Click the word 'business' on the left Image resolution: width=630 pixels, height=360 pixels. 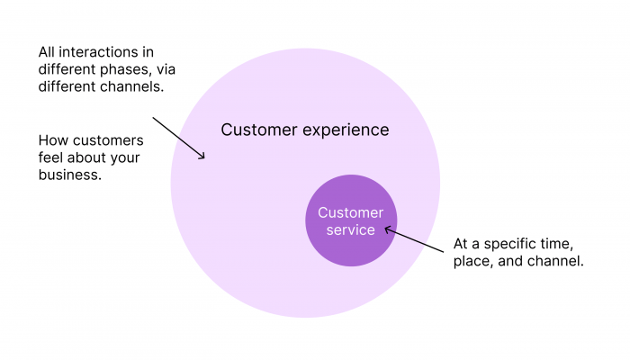(68, 175)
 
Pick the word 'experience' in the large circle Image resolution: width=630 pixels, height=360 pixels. (346, 130)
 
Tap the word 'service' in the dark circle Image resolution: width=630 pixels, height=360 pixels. (350, 230)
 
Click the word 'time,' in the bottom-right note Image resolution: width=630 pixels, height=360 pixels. (554, 245)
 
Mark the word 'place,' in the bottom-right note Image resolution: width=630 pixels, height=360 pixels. (474, 262)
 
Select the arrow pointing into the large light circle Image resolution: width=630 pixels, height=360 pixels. (178, 138)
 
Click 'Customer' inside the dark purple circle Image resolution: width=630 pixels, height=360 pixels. (350, 213)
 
